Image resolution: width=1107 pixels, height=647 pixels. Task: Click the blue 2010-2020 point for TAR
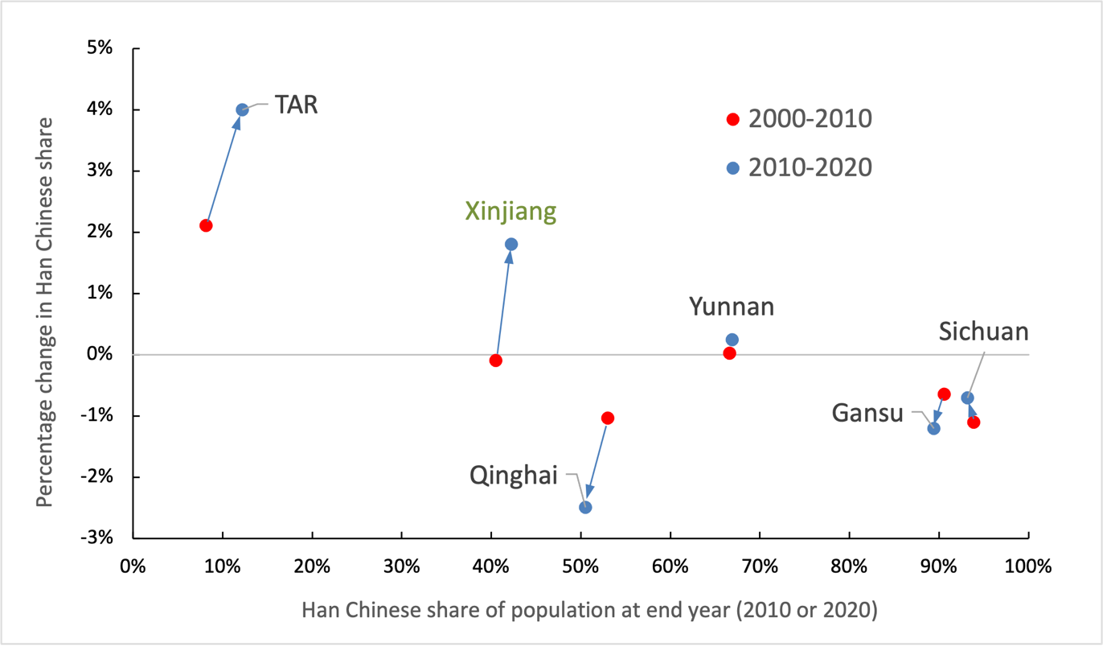242,109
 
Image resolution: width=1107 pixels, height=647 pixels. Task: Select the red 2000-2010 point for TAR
206,225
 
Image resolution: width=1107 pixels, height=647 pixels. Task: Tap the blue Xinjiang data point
511,244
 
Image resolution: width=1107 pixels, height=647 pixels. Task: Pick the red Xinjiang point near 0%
496,361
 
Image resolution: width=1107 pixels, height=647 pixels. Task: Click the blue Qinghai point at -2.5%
585,507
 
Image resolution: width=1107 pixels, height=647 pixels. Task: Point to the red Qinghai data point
608,418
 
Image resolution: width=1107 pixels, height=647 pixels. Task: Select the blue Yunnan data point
732,340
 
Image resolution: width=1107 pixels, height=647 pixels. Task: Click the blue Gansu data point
933,428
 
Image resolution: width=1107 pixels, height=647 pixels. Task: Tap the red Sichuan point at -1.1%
974,422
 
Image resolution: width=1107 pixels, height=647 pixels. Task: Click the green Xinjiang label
510,212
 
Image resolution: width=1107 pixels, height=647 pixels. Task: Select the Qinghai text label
514,475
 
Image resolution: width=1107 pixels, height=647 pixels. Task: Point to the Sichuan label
984,332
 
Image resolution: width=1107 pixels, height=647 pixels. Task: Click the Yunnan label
732,307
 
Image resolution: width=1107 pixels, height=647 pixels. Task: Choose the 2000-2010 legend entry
800,119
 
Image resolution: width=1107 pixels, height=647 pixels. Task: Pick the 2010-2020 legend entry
800,167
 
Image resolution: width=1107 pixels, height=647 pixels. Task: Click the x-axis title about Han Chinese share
589,611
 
